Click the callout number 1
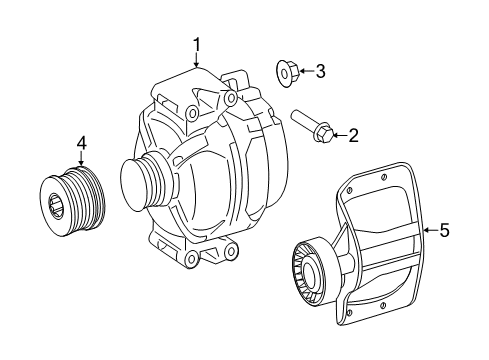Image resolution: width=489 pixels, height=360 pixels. coord(197,44)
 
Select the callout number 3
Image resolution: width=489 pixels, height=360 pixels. coord(320,70)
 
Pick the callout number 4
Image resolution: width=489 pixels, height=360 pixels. coord(81,143)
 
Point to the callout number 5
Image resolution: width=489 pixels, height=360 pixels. coord(445,230)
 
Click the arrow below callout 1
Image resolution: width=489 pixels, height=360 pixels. coord(197,60)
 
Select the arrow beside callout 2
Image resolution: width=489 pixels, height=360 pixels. coord(339,134)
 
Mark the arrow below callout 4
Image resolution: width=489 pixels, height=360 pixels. coord(81,159)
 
